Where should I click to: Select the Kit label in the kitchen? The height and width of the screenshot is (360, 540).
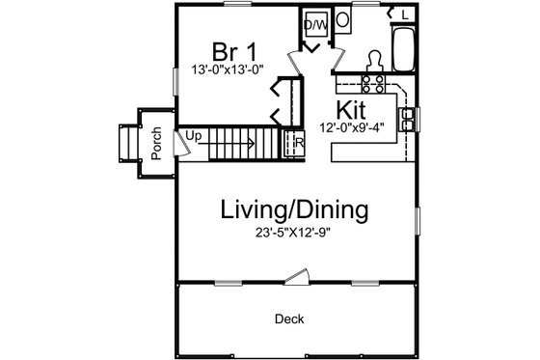349,107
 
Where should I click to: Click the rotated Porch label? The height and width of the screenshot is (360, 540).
154,144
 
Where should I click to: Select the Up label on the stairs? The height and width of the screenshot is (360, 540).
194,136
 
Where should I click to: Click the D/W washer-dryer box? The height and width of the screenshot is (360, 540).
316,23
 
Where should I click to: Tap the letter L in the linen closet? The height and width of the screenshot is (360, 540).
405,16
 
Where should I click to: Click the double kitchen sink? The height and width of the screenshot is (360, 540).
409,119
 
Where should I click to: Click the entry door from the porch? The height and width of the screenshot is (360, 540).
179,145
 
